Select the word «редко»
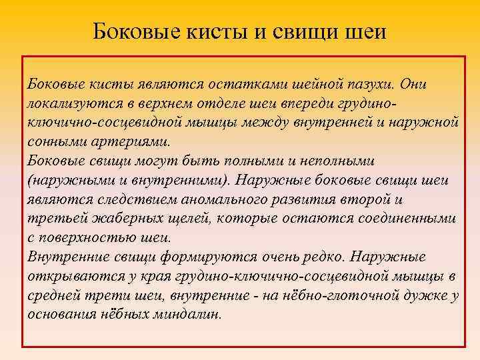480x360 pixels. pos(322,257)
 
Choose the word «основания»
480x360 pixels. pos(62,315)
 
